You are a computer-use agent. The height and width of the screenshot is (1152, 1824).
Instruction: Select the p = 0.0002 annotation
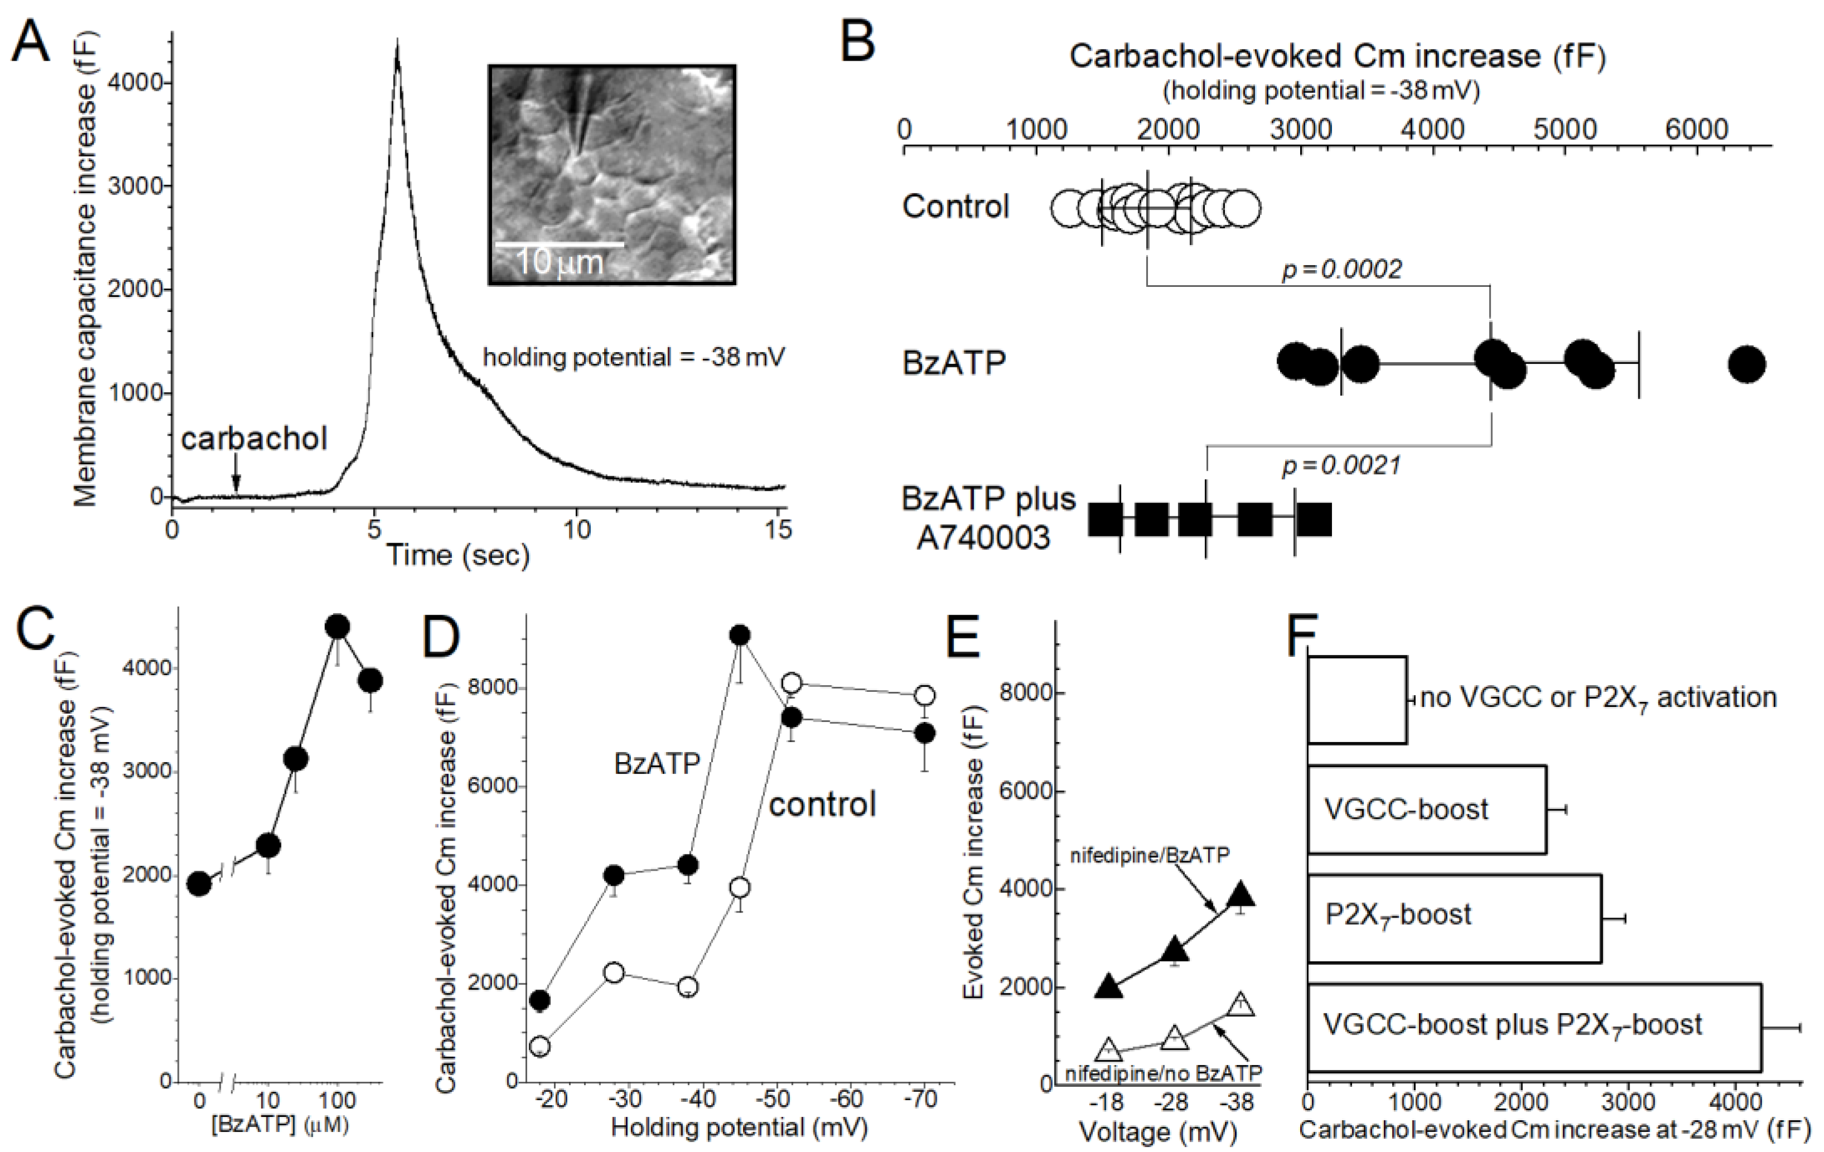point(1341,269)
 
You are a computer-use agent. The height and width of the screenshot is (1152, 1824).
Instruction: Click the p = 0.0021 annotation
point(1341,465)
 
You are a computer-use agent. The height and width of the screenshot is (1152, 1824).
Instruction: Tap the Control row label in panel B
point(955,206)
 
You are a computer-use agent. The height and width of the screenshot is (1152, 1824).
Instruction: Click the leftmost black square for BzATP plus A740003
point(1106,520)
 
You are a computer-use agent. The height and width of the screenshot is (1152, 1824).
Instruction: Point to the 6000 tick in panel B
point(1697,129)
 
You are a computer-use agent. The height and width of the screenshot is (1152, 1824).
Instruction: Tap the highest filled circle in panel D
point(740,634)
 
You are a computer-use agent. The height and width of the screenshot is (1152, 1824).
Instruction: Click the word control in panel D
point(822,804)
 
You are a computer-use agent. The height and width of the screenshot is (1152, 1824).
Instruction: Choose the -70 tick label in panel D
point(921,1098)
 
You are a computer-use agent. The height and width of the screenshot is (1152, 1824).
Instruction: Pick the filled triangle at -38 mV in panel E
point(1241,895)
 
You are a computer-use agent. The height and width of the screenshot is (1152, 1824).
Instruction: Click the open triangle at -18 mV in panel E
point(1108,1049)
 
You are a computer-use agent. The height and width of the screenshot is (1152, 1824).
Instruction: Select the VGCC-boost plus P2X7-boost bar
point(1534,1027)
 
